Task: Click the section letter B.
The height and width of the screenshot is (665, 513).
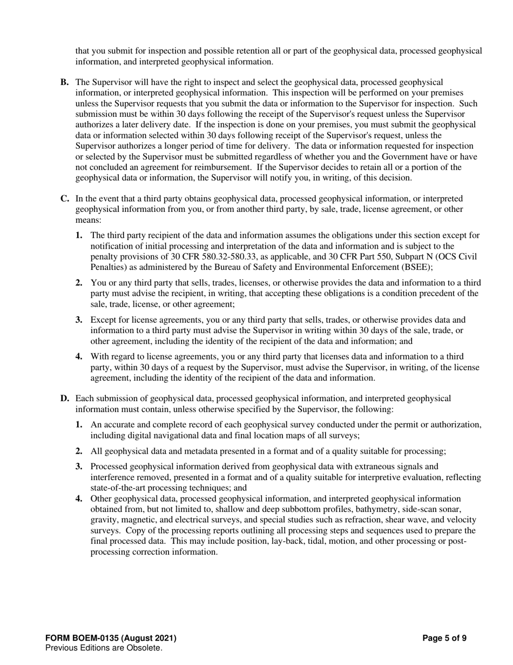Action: pyautogui.click(x=64, y=82)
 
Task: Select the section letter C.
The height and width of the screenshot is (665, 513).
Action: pyautogui.click(x=64, y=199)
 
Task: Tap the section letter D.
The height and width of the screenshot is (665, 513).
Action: pyautogui.click(x=64, y=398)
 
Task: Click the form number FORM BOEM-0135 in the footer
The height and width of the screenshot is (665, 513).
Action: pyautogui.click(x=111, y=638)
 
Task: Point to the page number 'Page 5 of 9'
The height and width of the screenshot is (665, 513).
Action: pyautogui.click(x=444, y=638)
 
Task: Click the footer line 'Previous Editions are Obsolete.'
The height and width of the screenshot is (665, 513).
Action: pyautogui.click(x=104, y=648)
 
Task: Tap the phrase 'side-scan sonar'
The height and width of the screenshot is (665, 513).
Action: pyautogui.click(x=447, y=509)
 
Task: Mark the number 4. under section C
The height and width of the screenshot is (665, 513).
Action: pyautogui.click(x=79, y=357)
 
